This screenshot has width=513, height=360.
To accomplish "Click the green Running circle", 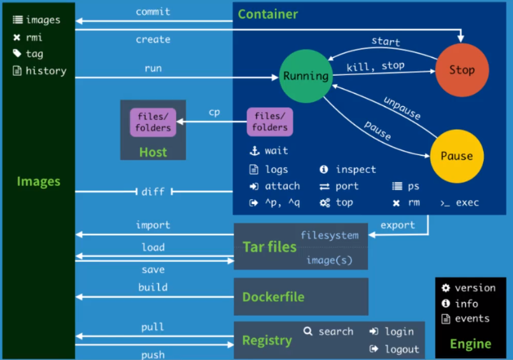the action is pyautogui.click(x=306, y=76).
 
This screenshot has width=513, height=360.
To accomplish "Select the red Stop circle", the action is pyautogui.click(x=462, y=70).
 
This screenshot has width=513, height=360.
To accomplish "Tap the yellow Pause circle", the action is pyautogui.click(x=457, y=156).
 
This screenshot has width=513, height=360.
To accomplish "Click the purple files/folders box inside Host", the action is pyautogui.click(x=153, y=122).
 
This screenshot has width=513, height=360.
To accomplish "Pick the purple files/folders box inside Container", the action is pyautogui.click(x=270, y=121).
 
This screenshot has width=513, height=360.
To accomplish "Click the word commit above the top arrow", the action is pyautogui.click(x=153, y=12).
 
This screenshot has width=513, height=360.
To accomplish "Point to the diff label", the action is pyautogui.click(x=153, y=191).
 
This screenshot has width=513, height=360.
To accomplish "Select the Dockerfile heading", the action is pyautogui.click(x=273, y=297).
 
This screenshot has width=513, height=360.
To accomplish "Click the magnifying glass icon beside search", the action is pyautogui.click(x=307, y=331).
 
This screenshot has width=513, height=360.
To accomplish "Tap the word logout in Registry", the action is pyautogui.click(x=402, y=349).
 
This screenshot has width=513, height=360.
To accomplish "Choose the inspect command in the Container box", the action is pyautogui.click(x=356, y=169).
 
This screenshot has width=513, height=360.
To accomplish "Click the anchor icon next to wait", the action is pyautogui.click(x=255, y=151).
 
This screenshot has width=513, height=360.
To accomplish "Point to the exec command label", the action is pyautogui.click(x=468, y=203).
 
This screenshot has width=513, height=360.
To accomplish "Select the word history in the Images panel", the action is pyautogui.click(x=46, y=71).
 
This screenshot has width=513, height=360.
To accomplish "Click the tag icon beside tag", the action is pyautogui.click(x=17, y=53).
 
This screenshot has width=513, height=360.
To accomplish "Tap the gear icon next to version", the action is pyautogui.click(x=446, y=287).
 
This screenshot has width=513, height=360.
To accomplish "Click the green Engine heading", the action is pyautogui.click(x=470, y=344).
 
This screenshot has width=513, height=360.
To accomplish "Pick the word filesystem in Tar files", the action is pyautogui.click(x=330, y=235).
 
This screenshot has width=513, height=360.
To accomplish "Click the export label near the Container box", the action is pyautogui.click(x=398, y=225).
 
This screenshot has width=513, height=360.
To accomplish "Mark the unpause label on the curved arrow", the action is pyautogui.click(x=402, y=108).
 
